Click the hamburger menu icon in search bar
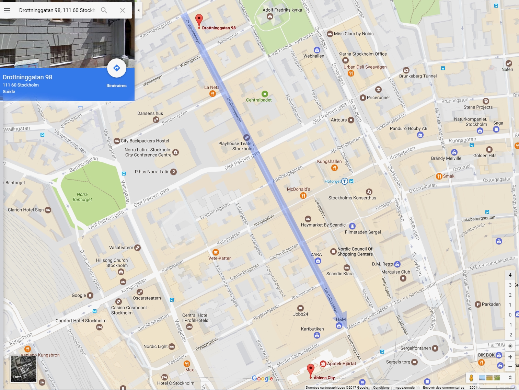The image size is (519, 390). (7, 10)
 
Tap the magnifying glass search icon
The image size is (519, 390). (104, 10)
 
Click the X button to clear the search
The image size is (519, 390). (122, 10)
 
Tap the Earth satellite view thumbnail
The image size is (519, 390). (23, 369)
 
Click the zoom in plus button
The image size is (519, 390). (510, 357)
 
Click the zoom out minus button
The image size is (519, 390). (510, 366)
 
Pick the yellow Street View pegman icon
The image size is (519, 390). (471, 378)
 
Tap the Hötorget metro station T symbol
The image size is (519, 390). (345, 181)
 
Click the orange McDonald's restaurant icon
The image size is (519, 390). (303, 196)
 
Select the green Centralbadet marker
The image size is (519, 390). (265, 94)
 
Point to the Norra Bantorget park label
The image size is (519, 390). (82, 197)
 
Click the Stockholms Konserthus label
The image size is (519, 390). (352, 198)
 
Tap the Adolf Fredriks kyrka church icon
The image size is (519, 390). (270, 16)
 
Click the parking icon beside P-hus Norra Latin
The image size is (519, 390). (174, 172)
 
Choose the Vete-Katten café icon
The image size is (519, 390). (216, 252)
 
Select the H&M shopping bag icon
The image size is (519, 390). (339, 326)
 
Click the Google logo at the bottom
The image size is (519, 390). (262, 378)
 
